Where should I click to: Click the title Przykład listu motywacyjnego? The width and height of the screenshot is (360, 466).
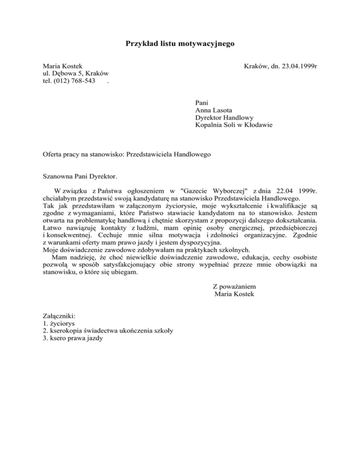(x=180, y=44)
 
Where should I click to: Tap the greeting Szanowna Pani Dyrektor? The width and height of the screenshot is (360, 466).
(x=80, y=177)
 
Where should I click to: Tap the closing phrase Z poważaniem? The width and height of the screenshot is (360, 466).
(x=234, y=286)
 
